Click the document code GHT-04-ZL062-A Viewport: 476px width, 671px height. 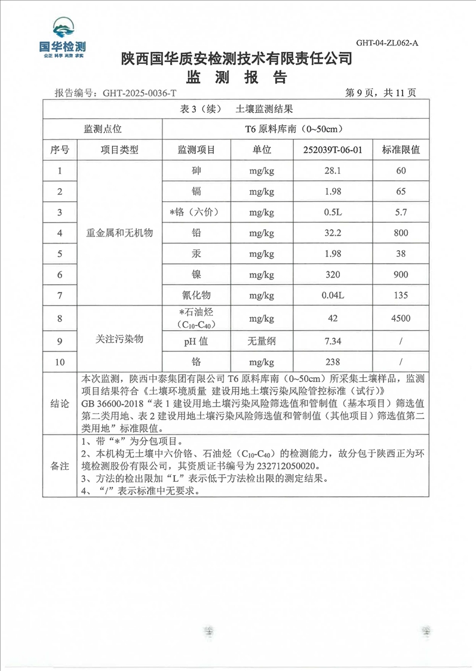(387, 43)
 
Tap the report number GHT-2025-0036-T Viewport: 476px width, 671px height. (140, 93)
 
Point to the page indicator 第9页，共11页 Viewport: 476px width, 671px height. (380, 93)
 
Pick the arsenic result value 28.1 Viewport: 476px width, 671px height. (330, 171)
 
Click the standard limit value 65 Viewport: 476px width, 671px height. (401, 192)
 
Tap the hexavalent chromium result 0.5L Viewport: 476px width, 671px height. (330, 212)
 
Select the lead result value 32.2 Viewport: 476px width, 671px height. (330, 233)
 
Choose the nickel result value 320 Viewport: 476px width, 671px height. (330, 275)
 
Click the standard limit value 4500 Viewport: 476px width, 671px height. (401, 318)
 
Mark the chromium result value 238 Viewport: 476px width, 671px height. (330, 362)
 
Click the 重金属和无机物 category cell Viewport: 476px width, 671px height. (120, 233)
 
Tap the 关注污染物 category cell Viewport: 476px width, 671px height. (120, 339)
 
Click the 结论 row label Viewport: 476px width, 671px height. (60, 404)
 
